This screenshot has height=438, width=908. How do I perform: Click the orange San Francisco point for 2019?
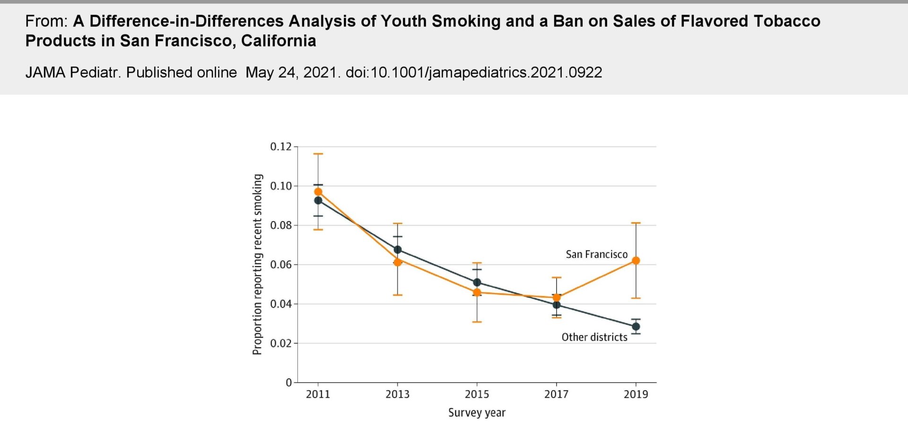[x=636, y=260]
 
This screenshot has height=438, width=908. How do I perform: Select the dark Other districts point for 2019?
[x=636, y=326]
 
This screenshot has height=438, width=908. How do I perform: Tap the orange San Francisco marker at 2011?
[x=318, y=192]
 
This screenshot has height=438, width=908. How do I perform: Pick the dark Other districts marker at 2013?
[x=398, y=249]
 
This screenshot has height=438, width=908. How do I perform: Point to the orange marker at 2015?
[x=477, y=292]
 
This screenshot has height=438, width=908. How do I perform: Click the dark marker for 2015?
[x=477, y=283]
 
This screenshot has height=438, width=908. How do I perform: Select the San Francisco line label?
[x=596, y=254]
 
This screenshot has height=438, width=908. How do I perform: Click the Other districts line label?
[x=594, y=337]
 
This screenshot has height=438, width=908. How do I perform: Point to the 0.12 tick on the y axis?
[x=281, y=146]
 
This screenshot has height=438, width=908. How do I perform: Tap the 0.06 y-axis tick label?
[x=281, y=265]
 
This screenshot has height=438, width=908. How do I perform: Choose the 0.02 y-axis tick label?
[x=281, y=343]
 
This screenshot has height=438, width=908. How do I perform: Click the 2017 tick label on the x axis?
[x=556, y=394]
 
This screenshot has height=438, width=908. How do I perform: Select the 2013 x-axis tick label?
[x=397, y=394]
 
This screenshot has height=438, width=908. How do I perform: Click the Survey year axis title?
[x=477, y=412]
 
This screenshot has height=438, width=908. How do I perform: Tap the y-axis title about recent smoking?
[x=257, y=265]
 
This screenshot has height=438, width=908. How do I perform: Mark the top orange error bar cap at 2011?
[x=318, y=154]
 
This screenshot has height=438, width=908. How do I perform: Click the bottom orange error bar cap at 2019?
[x=636, y=298]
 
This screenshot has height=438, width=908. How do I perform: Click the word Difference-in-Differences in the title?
[x=186, y=21]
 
